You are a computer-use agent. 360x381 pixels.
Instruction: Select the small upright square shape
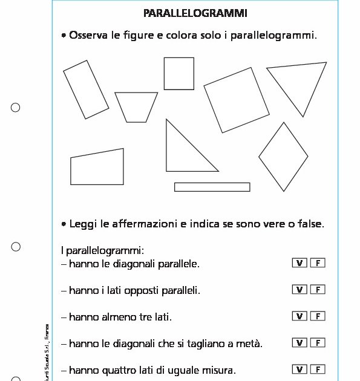[179, 73]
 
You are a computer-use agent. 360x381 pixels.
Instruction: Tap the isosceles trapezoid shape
[137, 106]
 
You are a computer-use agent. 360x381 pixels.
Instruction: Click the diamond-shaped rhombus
[283, 157]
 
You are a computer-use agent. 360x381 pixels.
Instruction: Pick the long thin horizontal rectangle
[212, 187]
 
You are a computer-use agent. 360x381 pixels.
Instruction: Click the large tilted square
[237, 99]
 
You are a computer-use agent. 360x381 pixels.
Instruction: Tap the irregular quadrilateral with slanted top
[97, 168]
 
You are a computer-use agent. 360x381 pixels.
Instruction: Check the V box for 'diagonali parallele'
[299, 262]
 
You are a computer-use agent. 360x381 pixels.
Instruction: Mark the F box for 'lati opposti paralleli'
[318, 289]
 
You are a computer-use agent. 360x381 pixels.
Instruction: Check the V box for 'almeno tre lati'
[299, 316]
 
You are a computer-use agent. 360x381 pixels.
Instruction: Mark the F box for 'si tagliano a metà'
[318, 342]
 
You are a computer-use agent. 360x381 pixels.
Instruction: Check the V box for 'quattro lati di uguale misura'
[299, 369]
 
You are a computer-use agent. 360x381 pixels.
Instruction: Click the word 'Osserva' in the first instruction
[89, 36]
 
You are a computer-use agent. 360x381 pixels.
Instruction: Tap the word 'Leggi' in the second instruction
[83, 224]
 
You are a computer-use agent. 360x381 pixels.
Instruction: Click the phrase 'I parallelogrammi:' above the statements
[102, 250]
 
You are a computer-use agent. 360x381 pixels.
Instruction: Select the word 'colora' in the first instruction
[181, 36]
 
